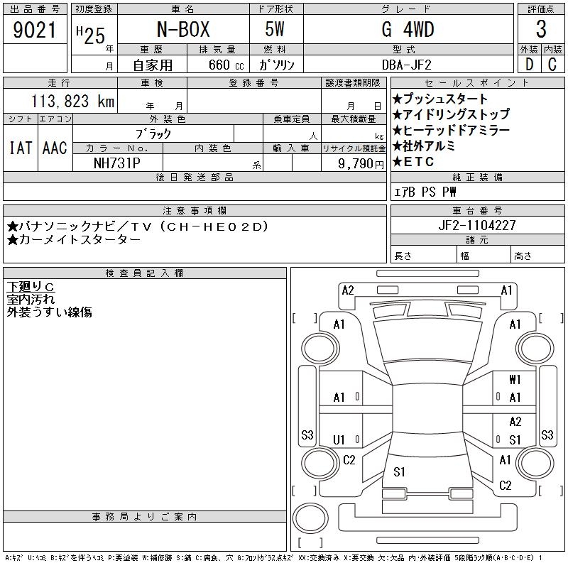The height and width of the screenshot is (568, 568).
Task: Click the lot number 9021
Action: [x=34, y=30]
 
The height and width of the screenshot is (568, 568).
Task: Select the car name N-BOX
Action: [x=183, y=29]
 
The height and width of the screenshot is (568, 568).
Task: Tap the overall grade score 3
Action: [x=541, y=29]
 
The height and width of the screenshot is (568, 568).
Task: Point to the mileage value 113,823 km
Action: [x=72, y=101]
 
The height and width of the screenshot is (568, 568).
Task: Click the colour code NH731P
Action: [x=116, y=163]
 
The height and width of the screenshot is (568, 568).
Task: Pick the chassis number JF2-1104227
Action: [x=476, y=225]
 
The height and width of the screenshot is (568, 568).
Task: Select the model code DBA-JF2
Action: [x=407, y=65]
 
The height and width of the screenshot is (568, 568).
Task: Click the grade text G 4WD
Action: [x=408, y=29]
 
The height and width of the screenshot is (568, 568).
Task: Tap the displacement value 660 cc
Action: [x=226, y=65]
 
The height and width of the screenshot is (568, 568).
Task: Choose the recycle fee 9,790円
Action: [x=361, y=164]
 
